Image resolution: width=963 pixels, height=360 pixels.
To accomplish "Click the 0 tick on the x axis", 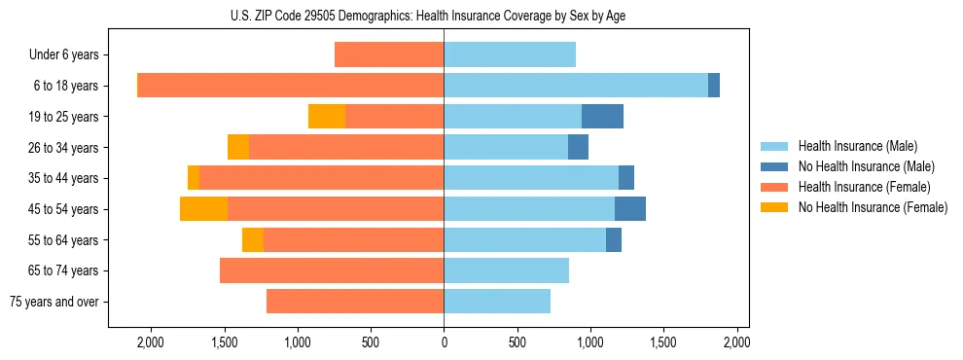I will coord(444,342).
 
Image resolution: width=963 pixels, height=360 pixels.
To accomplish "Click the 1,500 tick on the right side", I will coord(663,342).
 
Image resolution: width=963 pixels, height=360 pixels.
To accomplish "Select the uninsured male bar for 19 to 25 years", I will coord(602,116).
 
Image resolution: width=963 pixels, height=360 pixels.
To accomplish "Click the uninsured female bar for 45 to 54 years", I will coord(203,208).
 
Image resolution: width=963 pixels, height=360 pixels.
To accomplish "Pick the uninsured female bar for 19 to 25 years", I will coord(327,116).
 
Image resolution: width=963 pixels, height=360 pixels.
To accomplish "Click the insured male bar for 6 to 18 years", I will coord(576,85).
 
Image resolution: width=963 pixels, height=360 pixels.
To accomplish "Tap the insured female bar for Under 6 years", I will coord(389,54).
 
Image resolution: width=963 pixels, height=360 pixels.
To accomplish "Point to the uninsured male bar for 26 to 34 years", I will coord(578,147).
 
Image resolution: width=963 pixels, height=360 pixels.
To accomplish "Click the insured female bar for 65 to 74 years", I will coord(332,270).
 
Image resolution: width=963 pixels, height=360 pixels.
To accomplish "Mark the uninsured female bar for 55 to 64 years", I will coord(253,239).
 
